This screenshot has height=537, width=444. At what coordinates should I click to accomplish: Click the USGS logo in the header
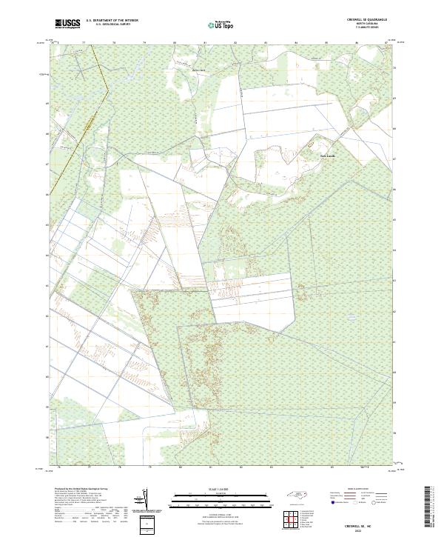(x=68, y=24)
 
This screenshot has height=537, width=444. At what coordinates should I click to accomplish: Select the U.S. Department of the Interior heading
(x=112, y=21)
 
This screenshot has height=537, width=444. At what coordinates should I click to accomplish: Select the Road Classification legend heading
(x=356, y=490)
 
